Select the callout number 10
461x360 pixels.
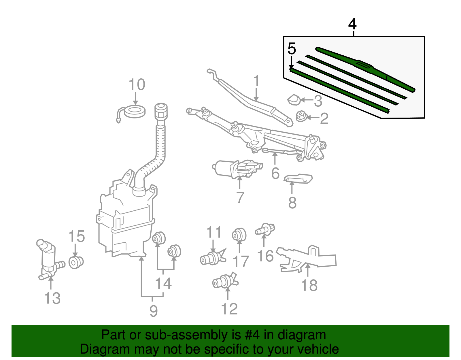(x=137, y=85)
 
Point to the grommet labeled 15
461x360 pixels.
(x=76, y=262)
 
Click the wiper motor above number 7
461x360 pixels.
(x=236, y=169)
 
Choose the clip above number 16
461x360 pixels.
(x=265, y=229)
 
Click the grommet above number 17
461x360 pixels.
(x=239, y=235)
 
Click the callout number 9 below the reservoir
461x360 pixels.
(x=154, y=311)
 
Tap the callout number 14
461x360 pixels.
(x=163, y=284)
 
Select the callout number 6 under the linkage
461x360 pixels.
(x=275, y=173)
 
